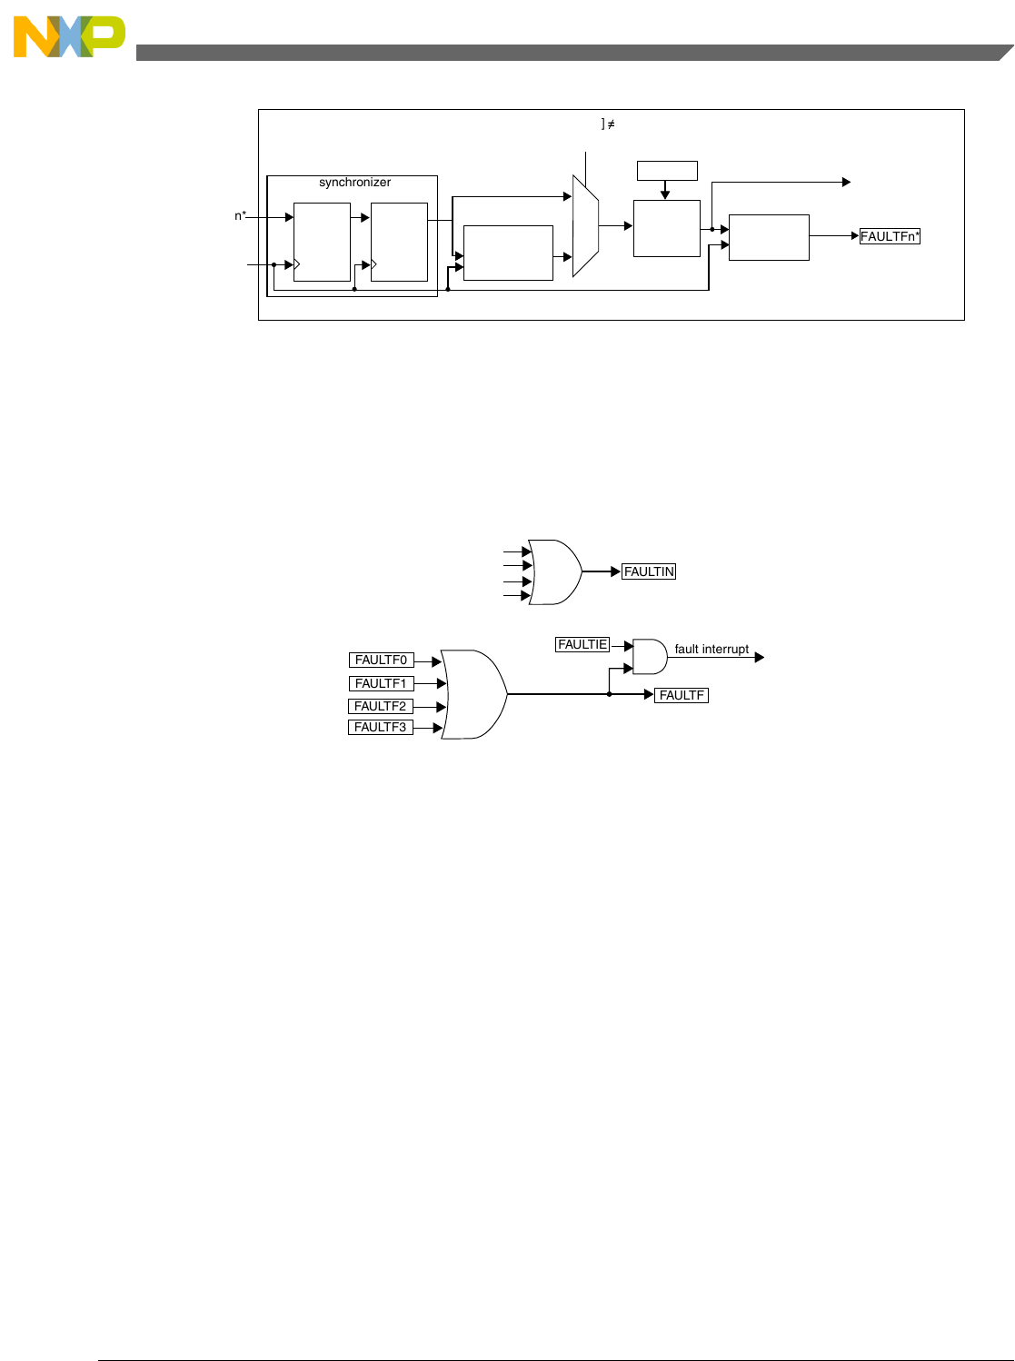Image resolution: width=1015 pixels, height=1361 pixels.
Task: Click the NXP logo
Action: (69, 36)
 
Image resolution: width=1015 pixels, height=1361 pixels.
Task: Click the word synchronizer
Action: (354, 183)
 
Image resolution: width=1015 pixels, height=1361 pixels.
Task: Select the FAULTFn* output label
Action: (890, 236)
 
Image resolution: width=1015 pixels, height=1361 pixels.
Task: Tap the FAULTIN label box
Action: (649, 571)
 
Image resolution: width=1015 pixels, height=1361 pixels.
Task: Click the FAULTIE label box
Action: (582, 644)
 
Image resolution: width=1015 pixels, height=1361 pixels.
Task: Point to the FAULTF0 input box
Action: (381, 661)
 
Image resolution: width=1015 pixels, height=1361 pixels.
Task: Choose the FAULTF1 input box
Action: (381, 683)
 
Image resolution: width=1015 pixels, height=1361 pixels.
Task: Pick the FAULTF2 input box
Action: (381, 706)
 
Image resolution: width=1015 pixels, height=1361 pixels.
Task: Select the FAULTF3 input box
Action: (381, 727)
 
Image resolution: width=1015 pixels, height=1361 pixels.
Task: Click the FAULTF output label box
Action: (682, 695)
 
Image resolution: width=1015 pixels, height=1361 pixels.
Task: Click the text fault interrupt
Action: (711, 650)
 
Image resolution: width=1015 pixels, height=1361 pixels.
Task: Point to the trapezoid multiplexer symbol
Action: (585, 225)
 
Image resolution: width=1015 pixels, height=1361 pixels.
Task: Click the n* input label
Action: (241, 216)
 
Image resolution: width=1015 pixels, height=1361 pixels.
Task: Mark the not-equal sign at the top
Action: (611, 124)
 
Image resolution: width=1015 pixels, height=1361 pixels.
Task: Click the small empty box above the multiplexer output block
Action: (667, 171)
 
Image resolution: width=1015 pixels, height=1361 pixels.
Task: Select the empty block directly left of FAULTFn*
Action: (769, 237)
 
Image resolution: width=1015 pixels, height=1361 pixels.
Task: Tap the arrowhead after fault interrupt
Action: (760, 657)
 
